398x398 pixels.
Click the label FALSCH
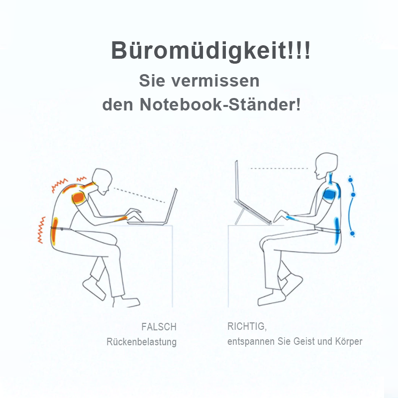(x=159, y=327)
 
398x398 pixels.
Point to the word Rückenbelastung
(x=142, y=342)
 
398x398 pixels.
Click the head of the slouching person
(x=102, y=181)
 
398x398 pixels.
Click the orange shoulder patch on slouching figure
(x=79, y=197)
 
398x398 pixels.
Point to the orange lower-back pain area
(x=55, y=231)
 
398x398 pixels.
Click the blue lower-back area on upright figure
(x=337, y=230)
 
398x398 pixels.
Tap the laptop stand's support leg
(x=238, y=217)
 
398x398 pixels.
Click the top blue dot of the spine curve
(x=351, y=180)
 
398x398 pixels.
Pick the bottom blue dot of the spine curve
(x=352, y=233)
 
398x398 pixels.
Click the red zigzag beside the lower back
(x=41, y=230)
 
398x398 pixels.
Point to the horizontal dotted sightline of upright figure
(x=279, y=168)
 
